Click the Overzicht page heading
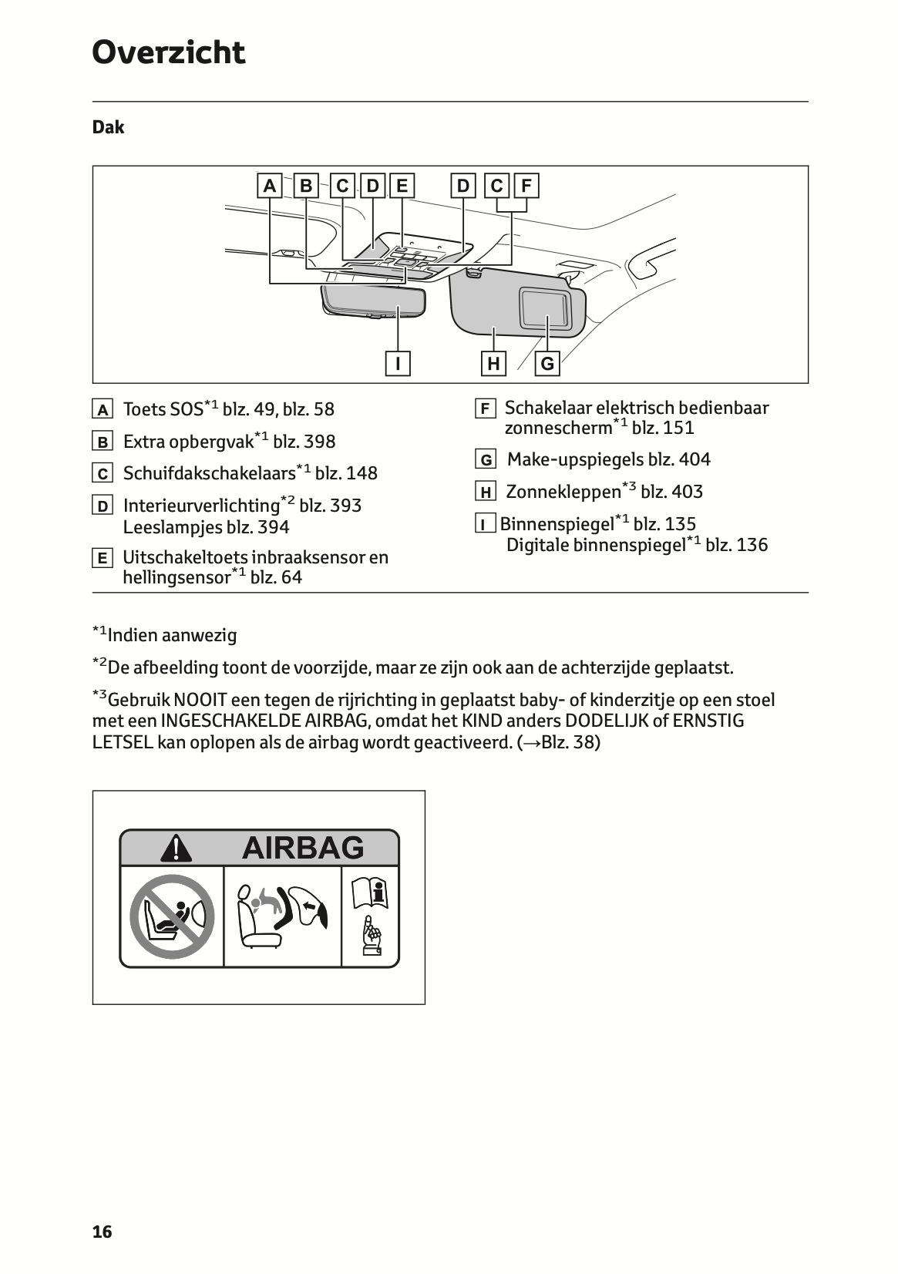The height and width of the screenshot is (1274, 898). coord(168,53)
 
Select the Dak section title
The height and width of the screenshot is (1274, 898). coord(108,127)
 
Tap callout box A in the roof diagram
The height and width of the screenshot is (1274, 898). coord(269,187)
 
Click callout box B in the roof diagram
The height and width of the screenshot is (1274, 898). coord(306,187)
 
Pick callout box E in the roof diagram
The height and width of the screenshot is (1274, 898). coord(402,187)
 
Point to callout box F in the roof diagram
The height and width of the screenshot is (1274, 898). coord(526,187)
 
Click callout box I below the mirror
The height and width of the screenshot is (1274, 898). coord(398,363)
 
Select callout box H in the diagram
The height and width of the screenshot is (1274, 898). coord(493,363)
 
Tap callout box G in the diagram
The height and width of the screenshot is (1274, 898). coord(547,363)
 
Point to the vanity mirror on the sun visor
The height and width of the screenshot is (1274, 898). coord(545,307)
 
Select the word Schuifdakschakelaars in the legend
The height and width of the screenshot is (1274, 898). coord(209,473)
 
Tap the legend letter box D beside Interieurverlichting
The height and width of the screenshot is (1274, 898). coord(102,506)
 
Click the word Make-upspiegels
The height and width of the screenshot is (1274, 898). coord(575,460)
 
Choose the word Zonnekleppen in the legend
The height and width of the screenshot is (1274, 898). coord(563,492)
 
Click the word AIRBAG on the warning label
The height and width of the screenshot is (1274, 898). coord(302,848)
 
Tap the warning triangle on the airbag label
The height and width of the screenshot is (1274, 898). coord(177,848)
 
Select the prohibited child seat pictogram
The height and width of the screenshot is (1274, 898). coord(171,916)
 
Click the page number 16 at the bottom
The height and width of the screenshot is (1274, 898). coord(102,1232)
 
